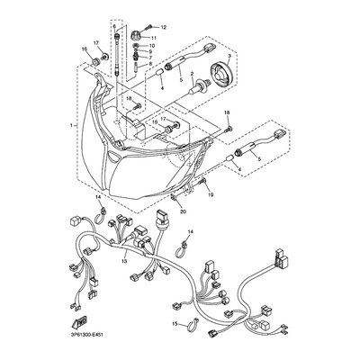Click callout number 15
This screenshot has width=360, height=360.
pos(174,323)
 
